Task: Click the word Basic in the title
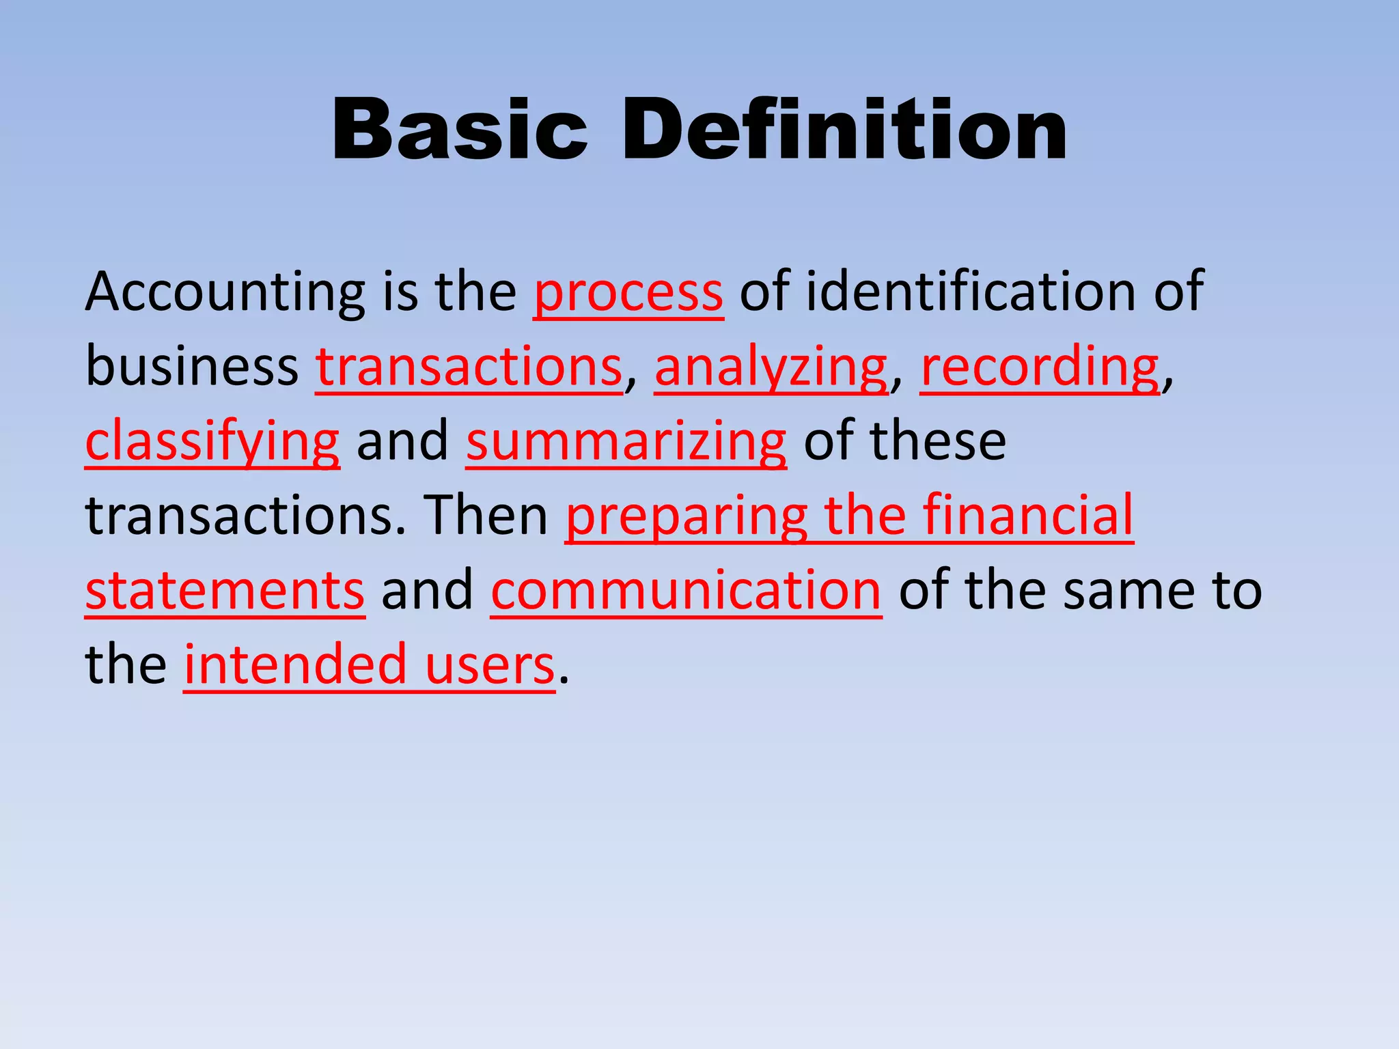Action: (x=459, y=130)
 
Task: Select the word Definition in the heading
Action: (x=844, y=130)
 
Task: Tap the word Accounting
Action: (x=225, y=292)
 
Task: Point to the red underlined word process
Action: (x=628, y=292)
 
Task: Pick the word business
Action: (x=192, y=366)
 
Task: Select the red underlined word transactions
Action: (x=469, y=367)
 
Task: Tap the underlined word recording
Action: (x=1040, y=367)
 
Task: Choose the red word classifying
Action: (x=212, y=442)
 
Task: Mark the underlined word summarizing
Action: (x=626, y=442)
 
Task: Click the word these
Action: (x=937, y=441)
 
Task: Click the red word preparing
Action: (x=687, y=518)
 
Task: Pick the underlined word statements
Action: (x=225, y=591)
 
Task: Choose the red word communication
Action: (x=686, y=591)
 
